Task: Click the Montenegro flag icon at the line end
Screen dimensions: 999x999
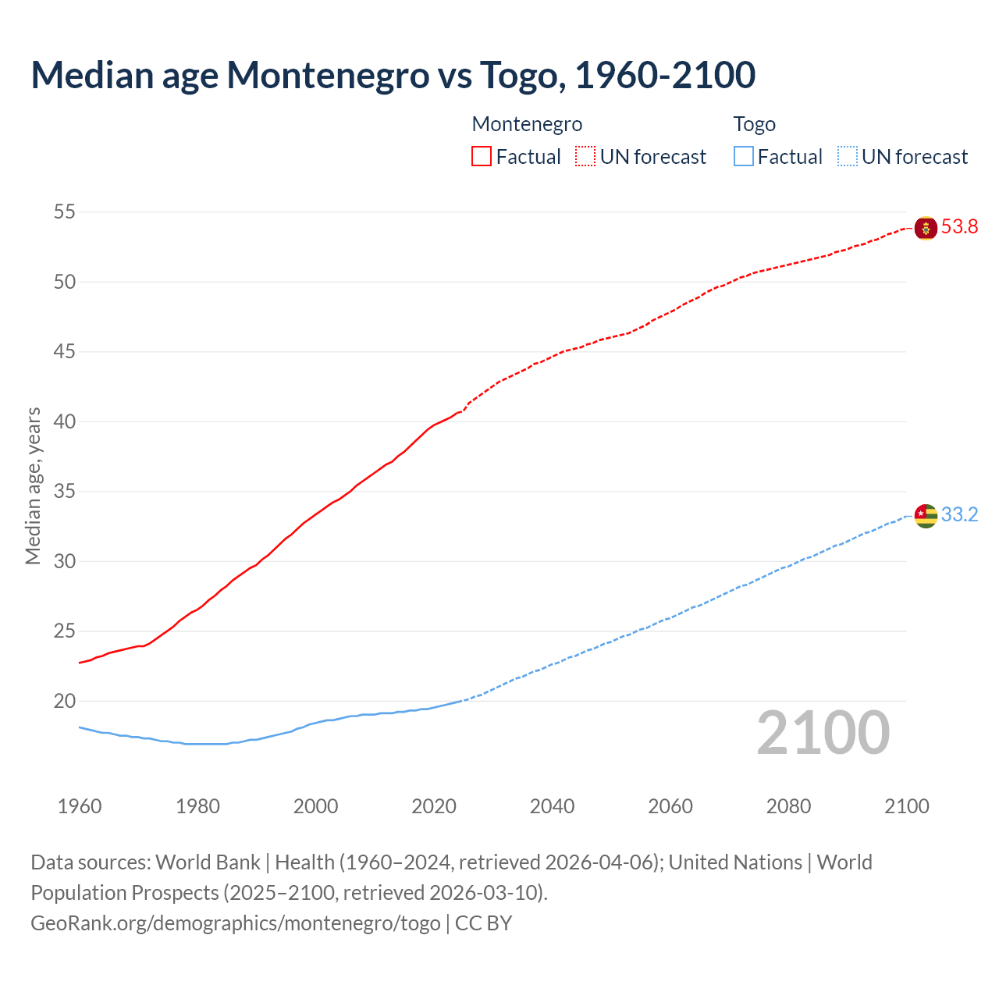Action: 926,228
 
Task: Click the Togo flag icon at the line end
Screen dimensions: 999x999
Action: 926,516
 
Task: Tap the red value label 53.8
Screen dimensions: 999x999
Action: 959,227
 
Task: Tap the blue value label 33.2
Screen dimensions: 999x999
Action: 959,515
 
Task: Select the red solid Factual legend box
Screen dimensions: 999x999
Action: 482,157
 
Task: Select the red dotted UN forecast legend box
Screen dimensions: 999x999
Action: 585,157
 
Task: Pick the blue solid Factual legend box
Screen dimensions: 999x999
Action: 744,157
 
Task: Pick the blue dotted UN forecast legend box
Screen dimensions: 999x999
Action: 848,157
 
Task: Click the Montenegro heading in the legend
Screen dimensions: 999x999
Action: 527,124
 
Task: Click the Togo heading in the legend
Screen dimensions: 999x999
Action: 754,124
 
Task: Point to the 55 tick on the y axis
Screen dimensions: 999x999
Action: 65,212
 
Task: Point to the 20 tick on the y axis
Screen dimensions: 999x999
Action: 65,702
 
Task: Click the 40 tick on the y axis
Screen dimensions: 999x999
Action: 65,422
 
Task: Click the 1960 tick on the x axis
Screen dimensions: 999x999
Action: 80,806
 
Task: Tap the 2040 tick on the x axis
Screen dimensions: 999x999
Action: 552,806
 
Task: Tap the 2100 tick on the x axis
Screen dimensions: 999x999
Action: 906,806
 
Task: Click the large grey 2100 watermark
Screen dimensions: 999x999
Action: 823,733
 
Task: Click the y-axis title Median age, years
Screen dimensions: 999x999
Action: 33,485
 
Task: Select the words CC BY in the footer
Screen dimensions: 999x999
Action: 483,923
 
